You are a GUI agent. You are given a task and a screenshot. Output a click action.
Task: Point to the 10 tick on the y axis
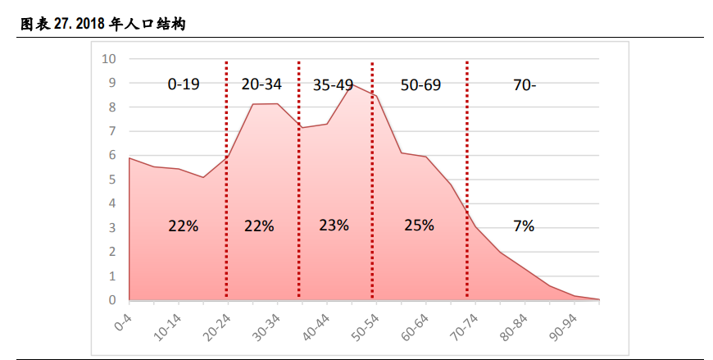click(109, 58)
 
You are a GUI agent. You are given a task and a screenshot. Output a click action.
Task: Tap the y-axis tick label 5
click(112, 180)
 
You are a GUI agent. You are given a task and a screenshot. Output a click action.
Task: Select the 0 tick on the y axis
click(112, 300)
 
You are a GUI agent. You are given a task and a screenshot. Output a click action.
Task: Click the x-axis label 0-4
click(123, 317)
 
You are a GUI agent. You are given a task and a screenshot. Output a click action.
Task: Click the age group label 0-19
click(184, 84)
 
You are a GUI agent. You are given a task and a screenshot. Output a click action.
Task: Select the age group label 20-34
click(261, 84)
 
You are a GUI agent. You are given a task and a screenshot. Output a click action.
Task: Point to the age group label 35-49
click(333, 84)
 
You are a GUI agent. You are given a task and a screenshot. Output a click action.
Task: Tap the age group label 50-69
click(420, 84)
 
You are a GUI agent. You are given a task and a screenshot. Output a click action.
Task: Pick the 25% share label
click(419, 225)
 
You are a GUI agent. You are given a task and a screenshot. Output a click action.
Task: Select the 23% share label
click(334, 225)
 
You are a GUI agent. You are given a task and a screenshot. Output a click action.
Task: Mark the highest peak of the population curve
click(352, 84)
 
